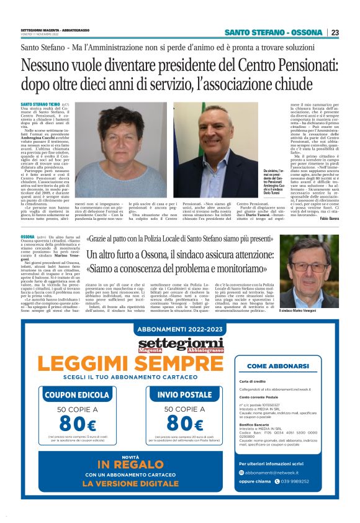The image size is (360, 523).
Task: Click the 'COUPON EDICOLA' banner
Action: [x=78, y=394]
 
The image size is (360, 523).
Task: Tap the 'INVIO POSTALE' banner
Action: [x=184, y=394]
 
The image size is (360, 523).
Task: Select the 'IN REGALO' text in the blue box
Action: [x=130, y=465]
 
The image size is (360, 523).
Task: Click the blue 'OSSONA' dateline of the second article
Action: [x=28, y=237]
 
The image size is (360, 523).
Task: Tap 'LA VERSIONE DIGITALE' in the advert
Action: [x=130, y=483]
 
